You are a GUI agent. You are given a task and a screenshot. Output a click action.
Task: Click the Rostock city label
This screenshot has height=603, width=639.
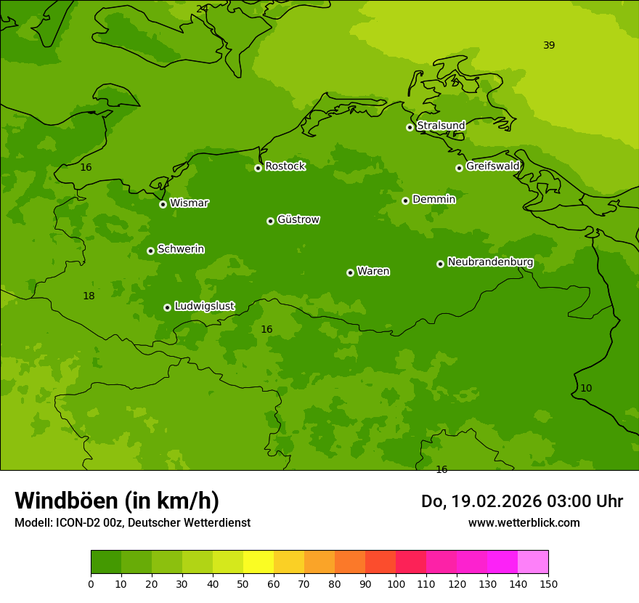[x=285, y=166]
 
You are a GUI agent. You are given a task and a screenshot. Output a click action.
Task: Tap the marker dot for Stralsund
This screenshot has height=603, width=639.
[x=410, y=127]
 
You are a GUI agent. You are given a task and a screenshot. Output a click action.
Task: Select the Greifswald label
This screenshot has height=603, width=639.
[x=492, y=166]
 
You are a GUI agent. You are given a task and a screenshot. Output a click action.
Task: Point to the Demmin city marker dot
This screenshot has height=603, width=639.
[x=405, y=201]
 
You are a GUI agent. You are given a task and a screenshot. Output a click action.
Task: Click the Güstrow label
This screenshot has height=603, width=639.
[x=298, y=219]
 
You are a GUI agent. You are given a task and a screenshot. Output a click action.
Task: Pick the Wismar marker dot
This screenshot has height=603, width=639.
[x=163, y=204]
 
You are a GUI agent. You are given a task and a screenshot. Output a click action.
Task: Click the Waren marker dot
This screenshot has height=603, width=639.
[x=350, y=272]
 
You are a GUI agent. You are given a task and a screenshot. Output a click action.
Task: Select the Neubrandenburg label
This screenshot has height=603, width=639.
[x=490, y=262]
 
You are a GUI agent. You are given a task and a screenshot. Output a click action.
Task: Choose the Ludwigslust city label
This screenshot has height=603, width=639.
[x=204, y=307]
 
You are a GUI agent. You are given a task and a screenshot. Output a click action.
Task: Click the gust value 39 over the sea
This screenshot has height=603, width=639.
[x=549, y=46]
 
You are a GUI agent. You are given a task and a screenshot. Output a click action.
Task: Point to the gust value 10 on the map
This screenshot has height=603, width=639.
[x=586, y=389]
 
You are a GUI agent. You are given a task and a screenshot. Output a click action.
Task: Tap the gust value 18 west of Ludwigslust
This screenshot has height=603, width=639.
[x=89, y=296]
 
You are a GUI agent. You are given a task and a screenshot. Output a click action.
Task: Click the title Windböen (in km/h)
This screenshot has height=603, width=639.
[x=117, y=501]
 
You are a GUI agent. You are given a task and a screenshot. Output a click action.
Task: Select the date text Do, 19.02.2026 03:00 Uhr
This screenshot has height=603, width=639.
[x=521, y=501]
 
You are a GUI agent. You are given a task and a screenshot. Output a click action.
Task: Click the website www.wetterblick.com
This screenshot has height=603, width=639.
[x=524, y=523]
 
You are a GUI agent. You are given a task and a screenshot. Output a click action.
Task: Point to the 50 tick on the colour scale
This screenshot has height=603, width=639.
[x=243, y=583]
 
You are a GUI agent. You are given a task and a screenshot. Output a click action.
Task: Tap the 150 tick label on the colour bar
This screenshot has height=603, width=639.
[x=548, y=583]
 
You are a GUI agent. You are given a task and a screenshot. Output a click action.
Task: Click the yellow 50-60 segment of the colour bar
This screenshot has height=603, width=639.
[x=259, y=562]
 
